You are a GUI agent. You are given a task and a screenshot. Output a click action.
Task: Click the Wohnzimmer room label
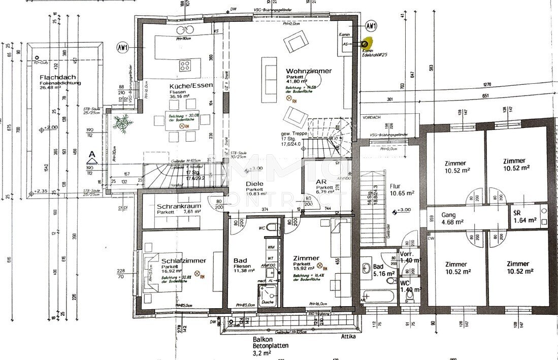click(x=308, y=71)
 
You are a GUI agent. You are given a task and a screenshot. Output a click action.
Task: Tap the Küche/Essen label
click(x=191, y=86)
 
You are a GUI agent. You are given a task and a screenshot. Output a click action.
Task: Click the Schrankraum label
click(x=179, y=207)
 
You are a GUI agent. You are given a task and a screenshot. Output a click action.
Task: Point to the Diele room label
click(x=255, y=184)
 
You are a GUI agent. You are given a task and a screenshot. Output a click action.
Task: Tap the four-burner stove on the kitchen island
click(x=185, y=66)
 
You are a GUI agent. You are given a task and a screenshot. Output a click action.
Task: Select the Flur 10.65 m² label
click(x=402, y=189)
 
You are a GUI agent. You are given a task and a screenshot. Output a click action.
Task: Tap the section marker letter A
click(x=92, y=154)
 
